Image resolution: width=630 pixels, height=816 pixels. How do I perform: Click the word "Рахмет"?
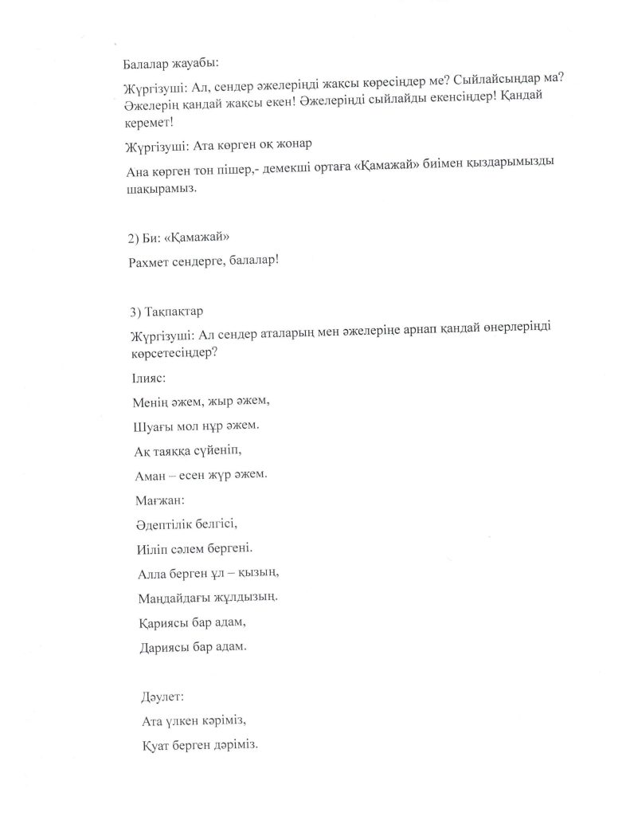coord(150,261)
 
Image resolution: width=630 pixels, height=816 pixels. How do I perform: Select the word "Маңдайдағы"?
coord(174,597)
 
